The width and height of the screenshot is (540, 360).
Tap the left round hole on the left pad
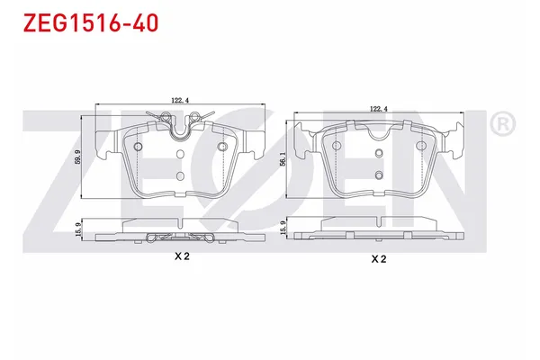[x=138, y=148]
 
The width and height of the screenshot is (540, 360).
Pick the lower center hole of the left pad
[x=180, y=176]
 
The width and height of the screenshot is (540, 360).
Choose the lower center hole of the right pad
[x=378, y=174]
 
